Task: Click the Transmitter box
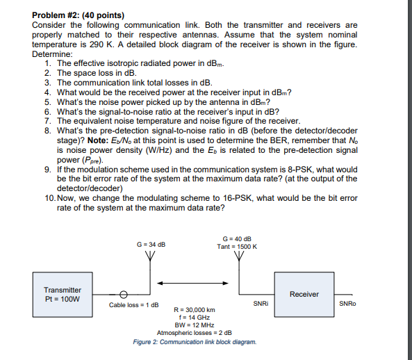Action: click(63, 295)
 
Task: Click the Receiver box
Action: click(304, 294)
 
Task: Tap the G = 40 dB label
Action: click(238, 239)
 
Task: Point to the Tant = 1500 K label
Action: click(238, 247)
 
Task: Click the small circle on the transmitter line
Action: click(124, 294)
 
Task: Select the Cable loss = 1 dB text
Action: click(134, 304)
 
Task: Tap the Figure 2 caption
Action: click(195, 342)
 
